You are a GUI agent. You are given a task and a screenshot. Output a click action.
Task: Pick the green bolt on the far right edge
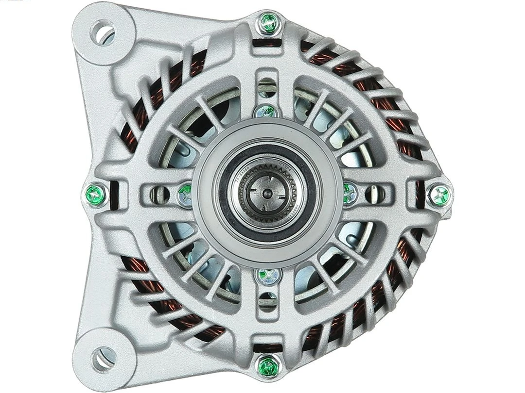tap(440, 195)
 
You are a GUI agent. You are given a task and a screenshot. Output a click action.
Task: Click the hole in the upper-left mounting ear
tap(103, 33)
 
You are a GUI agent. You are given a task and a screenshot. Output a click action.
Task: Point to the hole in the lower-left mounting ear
tap(103, 359)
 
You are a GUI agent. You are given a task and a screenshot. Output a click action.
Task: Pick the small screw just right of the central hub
tap(349, 193)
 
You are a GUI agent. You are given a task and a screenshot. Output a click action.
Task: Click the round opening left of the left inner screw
tap(162, 194)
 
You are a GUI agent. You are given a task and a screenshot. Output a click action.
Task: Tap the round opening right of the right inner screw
tap(372, 194)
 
